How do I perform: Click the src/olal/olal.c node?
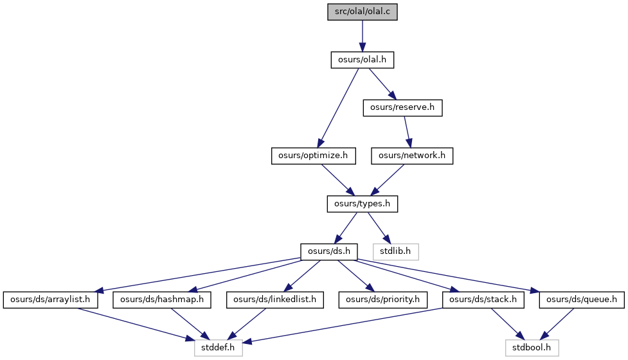[362, 12]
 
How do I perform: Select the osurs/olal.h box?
[362, 60]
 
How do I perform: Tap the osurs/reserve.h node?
[402, 108]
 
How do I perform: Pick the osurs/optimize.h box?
[313, 156]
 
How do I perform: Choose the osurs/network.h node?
[412, 156]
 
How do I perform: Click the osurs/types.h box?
[362, 204]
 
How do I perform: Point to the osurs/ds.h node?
[329, 252]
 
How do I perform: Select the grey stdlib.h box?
[395, 252]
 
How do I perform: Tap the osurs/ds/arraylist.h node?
[50, 300]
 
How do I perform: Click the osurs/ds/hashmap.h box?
[162, 300]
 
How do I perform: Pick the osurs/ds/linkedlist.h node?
[274, 300]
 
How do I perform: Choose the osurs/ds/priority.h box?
[383, 300]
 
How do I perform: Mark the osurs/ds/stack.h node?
[483, 300]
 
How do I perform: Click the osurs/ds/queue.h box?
[582, 300]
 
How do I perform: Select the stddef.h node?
[219, 348]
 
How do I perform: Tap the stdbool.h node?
[532, 348]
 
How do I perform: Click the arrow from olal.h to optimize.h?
[339, 108]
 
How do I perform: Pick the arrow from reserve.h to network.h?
[408, 132]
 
